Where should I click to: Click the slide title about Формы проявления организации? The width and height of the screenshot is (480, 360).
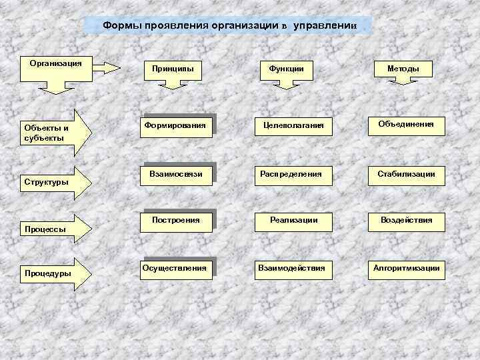pyautogui.click(x=230, y=26)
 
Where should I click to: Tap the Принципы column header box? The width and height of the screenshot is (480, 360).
pyautogui.click(x=173, y=69)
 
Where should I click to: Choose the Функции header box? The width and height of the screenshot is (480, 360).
pyautogui.click(x=287, y=69)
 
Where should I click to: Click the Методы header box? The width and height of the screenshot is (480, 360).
pyautogui.click(x=403, y=69)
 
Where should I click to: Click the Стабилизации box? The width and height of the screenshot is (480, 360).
pyautogui.click(x=406, y=175)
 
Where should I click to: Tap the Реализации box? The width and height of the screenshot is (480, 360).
pyautogui.click(x=293, y=220)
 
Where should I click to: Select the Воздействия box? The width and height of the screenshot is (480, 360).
pyautogui.click(x=406, y=220)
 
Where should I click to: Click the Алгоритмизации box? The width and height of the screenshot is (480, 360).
pyautogui.click(x=406, y=268)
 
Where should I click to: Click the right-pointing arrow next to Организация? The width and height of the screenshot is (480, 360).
pyautogui.click(x=107, y=67)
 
